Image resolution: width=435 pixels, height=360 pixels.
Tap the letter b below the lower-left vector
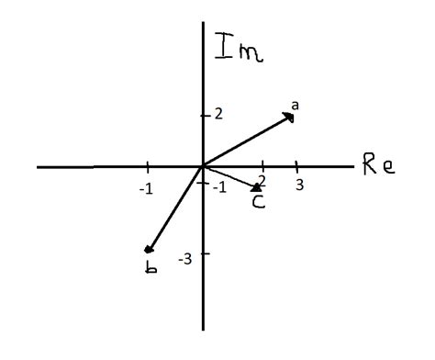(x=151, y=267)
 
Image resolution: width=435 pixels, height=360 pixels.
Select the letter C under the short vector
(x=259, y=202)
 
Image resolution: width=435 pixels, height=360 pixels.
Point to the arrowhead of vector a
(x=291, y=117)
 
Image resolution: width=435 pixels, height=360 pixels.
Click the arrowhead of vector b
(x=148, y=249)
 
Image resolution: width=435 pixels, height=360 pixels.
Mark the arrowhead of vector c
(x=257, y=188)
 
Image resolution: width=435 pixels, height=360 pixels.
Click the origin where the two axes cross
(x=202, y=167)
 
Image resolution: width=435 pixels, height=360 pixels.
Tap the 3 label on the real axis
(x=298, y=185)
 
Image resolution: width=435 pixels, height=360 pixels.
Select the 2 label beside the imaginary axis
(x=218, y=114)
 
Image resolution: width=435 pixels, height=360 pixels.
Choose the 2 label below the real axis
(x=262, y=180)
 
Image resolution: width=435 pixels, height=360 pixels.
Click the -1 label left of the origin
(x=145, y=188)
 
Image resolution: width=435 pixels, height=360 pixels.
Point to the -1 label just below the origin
(x=217, y=186)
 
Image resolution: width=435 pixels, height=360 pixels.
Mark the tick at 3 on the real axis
(x=296, y=166)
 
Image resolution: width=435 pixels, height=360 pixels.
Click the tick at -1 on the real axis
(x=148, y=166)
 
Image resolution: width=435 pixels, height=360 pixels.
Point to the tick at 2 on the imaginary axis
(x=203, y=115)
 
